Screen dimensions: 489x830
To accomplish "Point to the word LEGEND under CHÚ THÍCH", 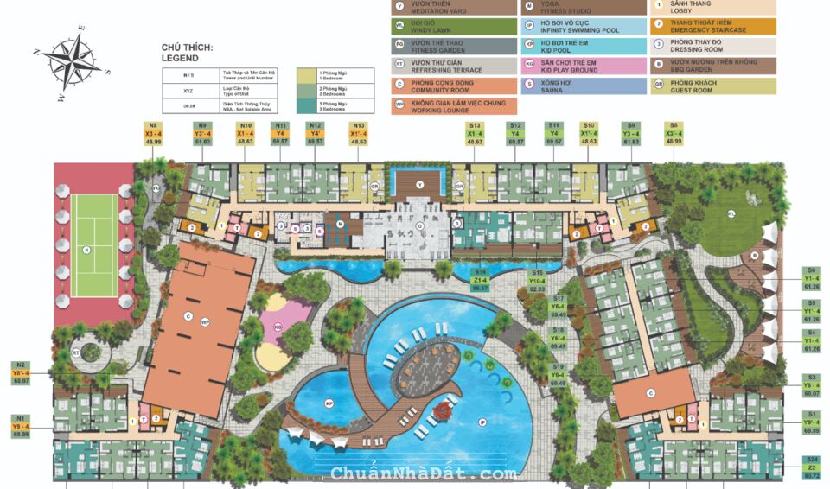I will (x=180, y=59).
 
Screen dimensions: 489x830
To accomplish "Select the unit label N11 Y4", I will (x=280, y=135).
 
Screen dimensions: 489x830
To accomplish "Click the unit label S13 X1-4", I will (x=475, y=135).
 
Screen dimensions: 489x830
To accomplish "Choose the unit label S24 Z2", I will (x=812, y=467).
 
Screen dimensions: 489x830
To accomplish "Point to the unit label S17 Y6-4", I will (x=559, y=307).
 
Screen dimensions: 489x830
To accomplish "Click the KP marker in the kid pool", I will (x=329, y=403).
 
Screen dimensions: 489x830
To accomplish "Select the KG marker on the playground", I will (x=278, y=327).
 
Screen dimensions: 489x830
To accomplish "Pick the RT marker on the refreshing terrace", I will (x=76, y=353).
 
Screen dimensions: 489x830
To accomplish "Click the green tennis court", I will (x=94, y=244).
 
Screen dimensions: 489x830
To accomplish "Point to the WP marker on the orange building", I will (x=205, y=321).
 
